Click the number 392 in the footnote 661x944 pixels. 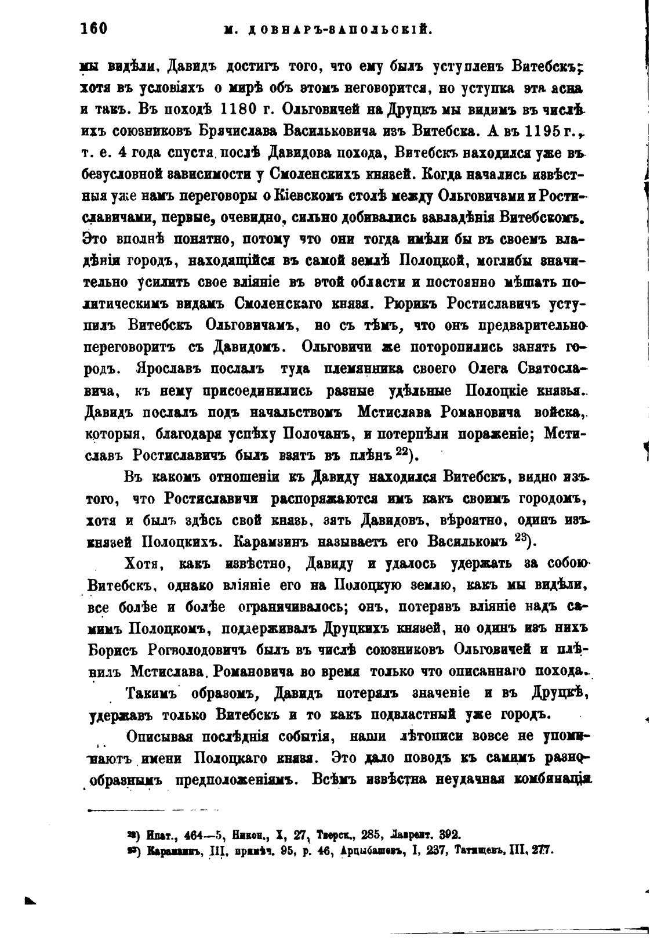(x=449, y=836)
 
